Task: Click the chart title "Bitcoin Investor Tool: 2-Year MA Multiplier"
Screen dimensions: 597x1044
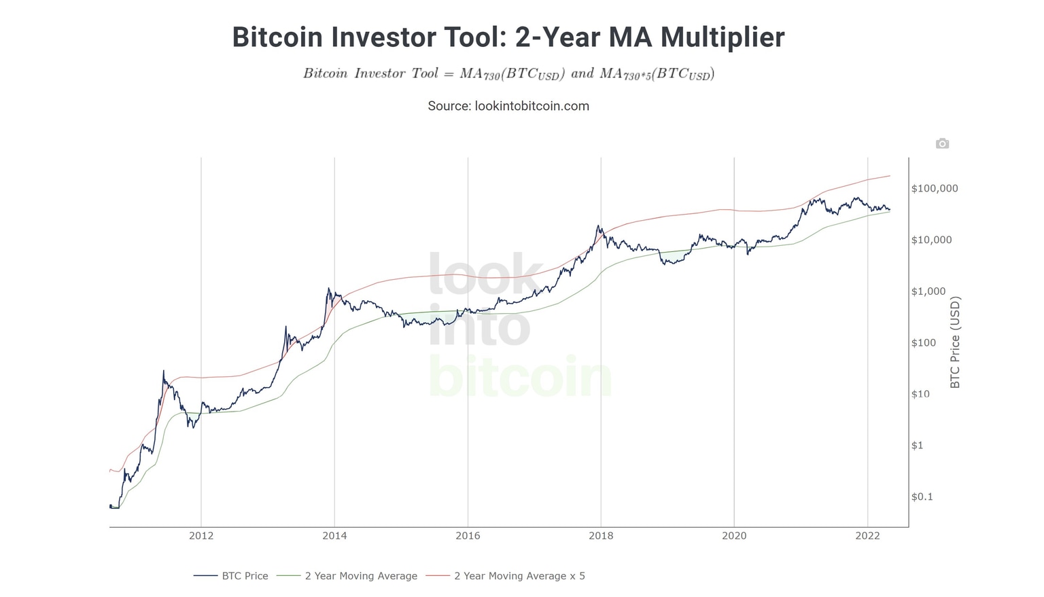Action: [508, 37]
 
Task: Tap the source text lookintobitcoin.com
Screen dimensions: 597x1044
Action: [508, 106]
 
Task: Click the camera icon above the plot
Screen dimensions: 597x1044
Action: [942, 143]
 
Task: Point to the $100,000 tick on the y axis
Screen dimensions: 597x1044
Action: [935, 188]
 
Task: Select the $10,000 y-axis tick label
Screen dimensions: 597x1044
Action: [932, 240]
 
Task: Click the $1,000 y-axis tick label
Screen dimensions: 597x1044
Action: [928, 291]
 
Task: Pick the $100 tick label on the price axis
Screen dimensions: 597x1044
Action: [924, 343]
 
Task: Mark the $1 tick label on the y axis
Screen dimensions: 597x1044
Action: [918, 446]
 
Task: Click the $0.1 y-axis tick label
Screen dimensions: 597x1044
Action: [922, 496]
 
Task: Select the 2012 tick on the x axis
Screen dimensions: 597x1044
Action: [201, 536]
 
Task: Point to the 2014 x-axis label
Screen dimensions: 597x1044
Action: [334, 536]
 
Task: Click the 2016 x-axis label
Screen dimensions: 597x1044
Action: [468, 536]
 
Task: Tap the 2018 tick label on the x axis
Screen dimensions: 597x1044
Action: [601, 536]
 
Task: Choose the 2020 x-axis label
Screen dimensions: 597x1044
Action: [734, 536]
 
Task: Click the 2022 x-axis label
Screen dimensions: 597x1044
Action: [867, 536]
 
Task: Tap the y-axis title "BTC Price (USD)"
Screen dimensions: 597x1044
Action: [955, 342]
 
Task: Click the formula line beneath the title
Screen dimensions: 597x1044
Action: [508, 73]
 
